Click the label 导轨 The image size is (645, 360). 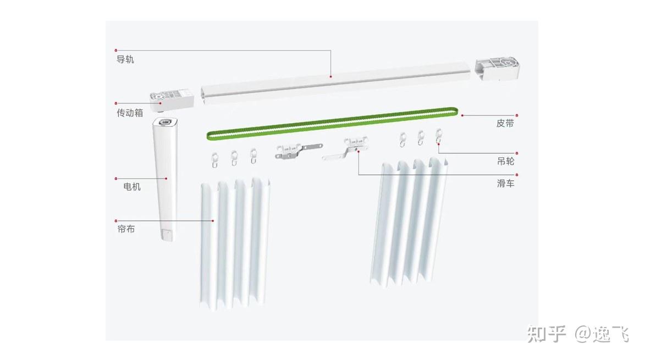click(125, 59)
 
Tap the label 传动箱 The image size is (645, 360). click(130, 113)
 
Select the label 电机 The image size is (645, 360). click(132, 187)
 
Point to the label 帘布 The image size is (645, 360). click(126, 229)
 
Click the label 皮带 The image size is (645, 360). click(505, 123)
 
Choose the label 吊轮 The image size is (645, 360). click(505, 162)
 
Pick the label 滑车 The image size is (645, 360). click(505, 183)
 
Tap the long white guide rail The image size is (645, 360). click(335, 83)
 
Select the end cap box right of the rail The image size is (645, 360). click(497, 69)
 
